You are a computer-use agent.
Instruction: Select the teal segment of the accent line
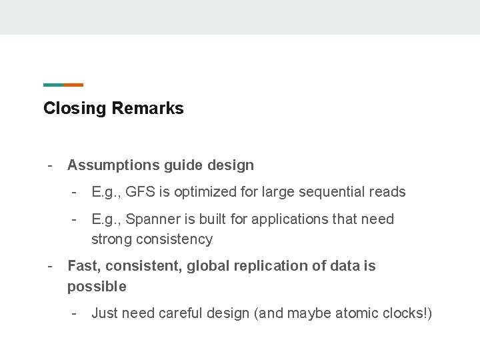[x=53, y=85]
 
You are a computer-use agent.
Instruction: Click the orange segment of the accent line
[x=73, y=85]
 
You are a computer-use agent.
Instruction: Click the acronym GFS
[x=140, y=192]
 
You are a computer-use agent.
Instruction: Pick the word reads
[x=388, y=192]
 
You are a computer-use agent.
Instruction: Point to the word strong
[x=111, y=239]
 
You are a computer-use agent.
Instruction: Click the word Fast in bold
[x=82, y=266]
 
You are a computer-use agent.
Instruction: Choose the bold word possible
[x=96, y=287]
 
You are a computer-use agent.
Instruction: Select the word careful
[x=181, y=313]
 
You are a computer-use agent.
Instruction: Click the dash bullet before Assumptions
[x=49, y=165]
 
